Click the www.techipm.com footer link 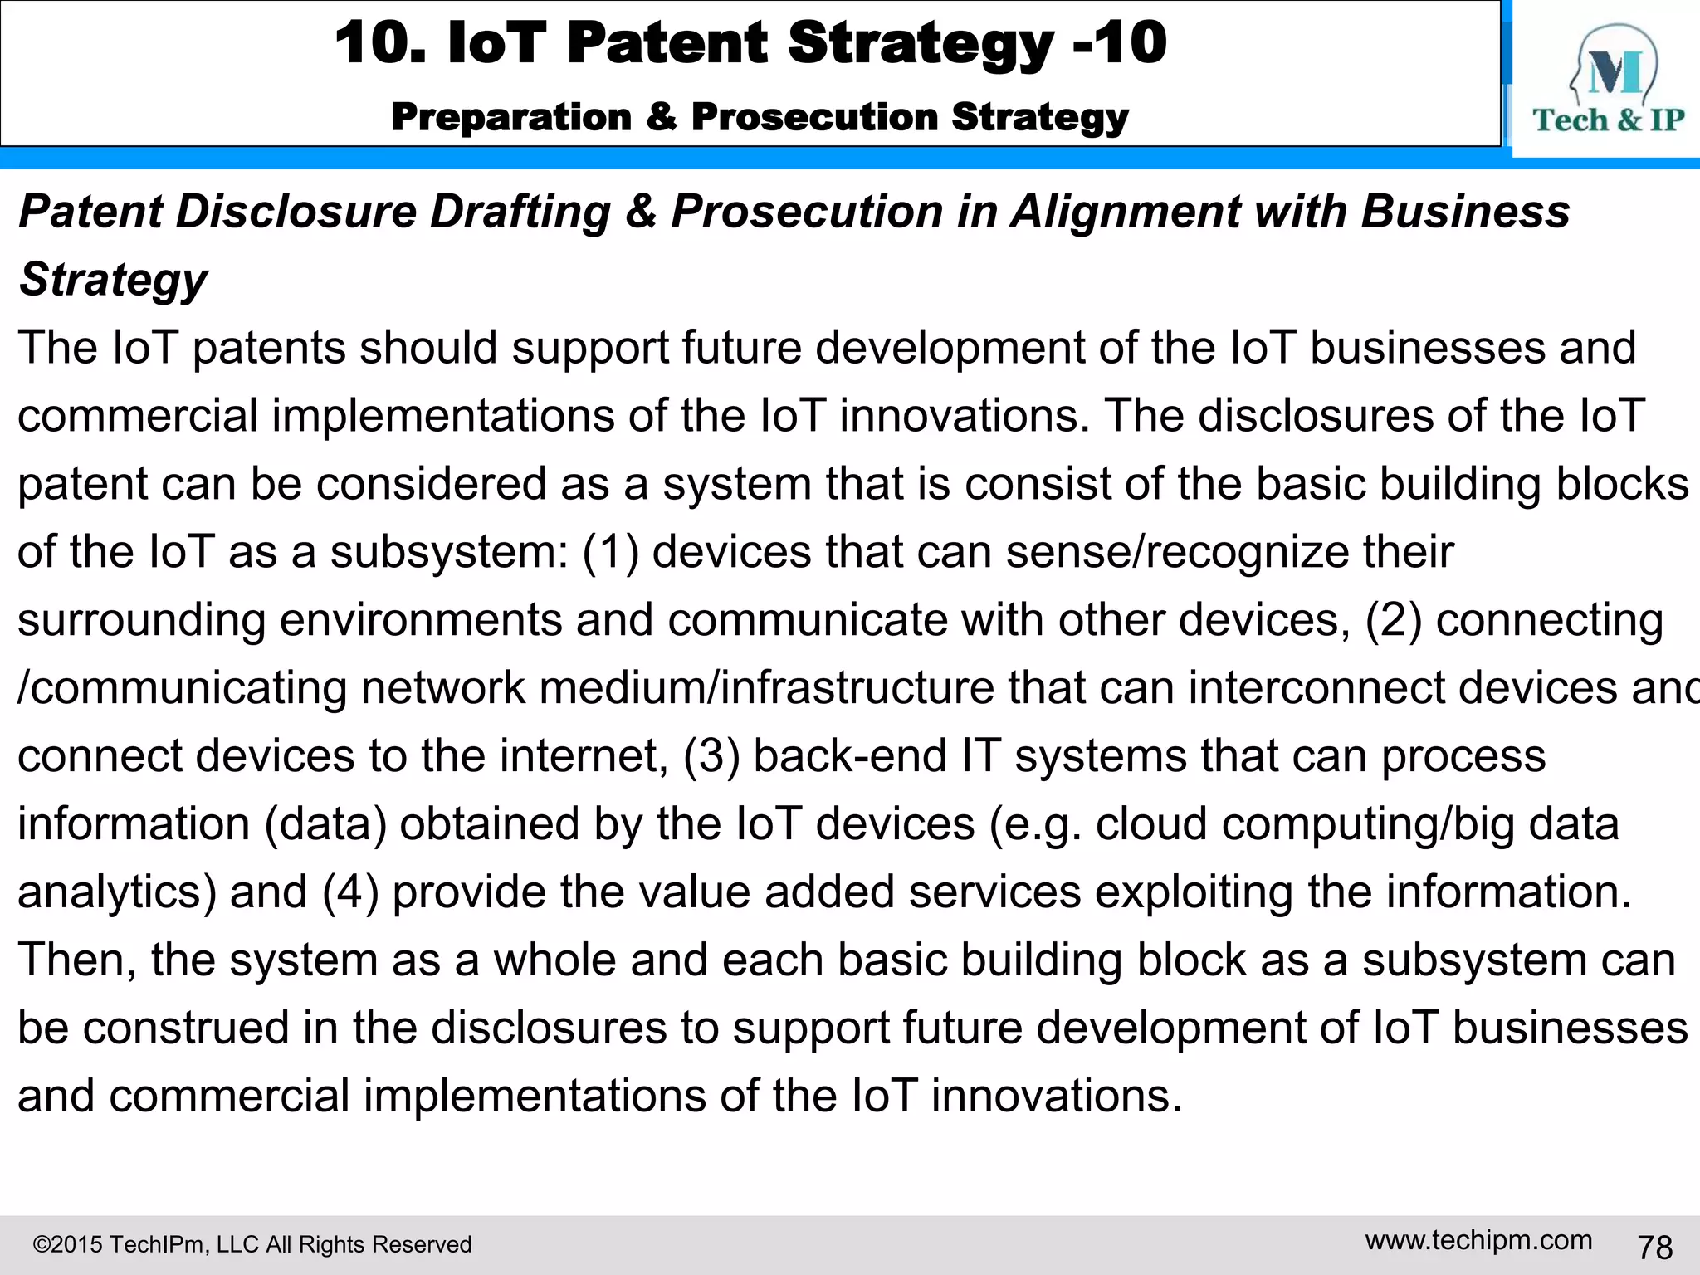tap(1478, 1240)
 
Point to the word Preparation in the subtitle tap(511, 117)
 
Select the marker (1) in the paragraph tap(610, 552)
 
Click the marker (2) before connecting tap(1394, 620)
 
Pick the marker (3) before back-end tap(711, 756)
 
